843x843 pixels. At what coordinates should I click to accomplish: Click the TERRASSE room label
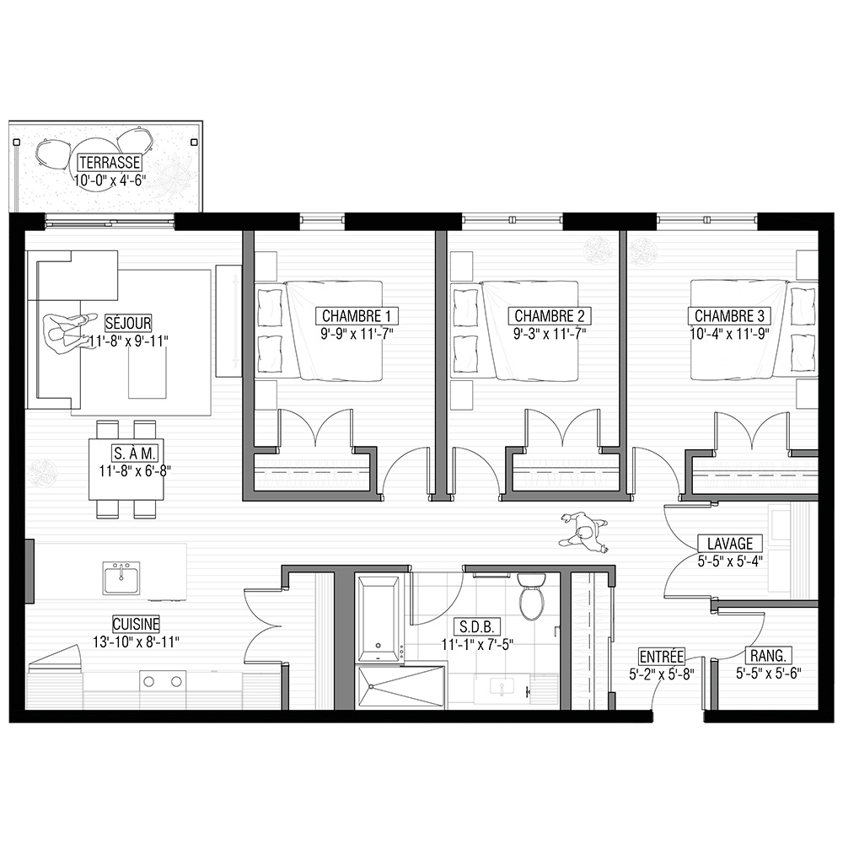110,163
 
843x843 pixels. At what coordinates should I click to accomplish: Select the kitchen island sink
121,578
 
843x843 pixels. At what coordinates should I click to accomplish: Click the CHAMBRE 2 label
550,315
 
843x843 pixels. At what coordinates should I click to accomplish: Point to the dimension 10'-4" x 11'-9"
729,334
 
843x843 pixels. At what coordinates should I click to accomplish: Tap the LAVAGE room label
729,544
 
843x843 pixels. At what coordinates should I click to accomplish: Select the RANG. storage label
768,656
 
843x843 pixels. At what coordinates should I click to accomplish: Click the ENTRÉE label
661,657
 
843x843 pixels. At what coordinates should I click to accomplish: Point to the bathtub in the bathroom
379,619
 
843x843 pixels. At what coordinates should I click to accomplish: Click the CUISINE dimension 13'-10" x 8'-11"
136,642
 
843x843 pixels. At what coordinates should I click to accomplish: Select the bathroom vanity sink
501,687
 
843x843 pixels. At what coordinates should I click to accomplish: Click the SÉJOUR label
128,323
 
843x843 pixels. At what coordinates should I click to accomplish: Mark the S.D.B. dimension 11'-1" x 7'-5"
477,644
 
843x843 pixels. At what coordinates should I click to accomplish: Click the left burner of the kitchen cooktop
149,682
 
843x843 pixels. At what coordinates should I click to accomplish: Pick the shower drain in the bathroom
370,686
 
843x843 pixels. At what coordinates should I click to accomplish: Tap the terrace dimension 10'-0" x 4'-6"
110,180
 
